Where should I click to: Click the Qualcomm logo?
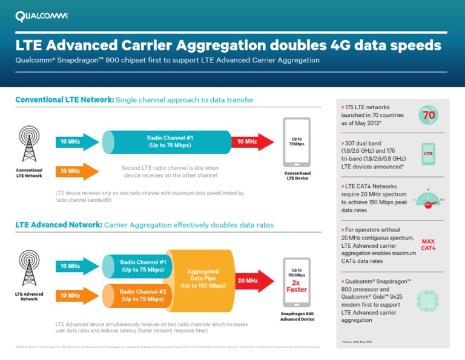tap(42, 16)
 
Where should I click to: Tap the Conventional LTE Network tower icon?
tap(29, 145)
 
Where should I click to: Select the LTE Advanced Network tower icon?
tap(29, 269)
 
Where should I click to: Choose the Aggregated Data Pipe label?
tap(203, 279)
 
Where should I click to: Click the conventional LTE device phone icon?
tap(297, 142)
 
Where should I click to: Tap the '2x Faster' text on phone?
tap(297, 286)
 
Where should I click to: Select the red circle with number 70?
tap(429, 115)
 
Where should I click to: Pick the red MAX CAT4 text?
tap(428, 244)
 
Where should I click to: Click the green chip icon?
tap(428, 300)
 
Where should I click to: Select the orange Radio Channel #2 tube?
tap(138, 295)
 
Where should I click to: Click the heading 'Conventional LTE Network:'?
tap(64, 99)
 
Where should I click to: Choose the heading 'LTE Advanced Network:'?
tap(59, 225)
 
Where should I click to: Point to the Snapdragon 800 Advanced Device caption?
tap(297, 316)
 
